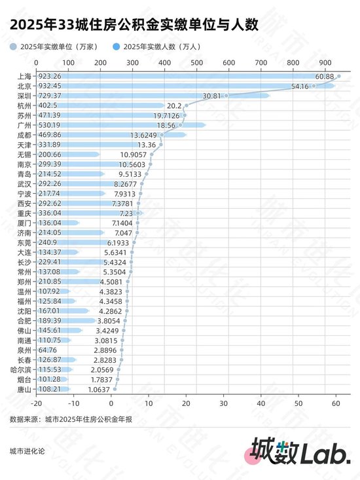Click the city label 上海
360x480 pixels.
(x=22, y=77)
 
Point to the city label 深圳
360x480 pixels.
(x=22, y=96)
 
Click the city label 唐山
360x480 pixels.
(x=22, y=389)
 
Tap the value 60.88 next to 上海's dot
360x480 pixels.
(x=325, y=77)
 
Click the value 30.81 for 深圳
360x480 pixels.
(x=213, y=96)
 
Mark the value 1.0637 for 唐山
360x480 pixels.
(x=98, y=389)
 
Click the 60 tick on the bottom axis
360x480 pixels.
(x=336, y=404)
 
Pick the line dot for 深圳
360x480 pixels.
(x=226, y=96)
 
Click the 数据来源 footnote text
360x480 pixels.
(x=71, y=419)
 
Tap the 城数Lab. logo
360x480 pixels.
(x=300, y=452)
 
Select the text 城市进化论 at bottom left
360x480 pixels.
(x=27, y=452)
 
